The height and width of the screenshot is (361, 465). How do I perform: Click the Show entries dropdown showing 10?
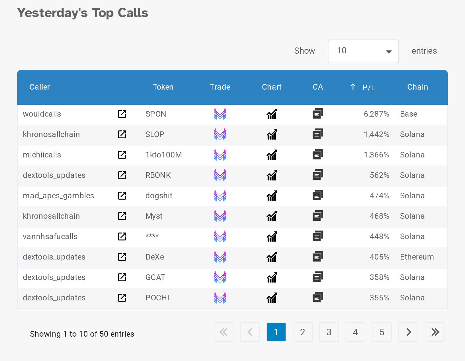(x=363, y=51)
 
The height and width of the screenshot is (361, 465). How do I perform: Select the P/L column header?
(x=368, y=87)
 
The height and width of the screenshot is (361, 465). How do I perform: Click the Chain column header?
(x=417, y=87)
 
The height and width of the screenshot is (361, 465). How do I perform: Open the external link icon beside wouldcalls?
(x=122, y=114)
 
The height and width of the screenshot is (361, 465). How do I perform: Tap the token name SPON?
(x=156, y=114)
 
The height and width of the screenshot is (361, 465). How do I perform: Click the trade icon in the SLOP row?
(x=220, y=134)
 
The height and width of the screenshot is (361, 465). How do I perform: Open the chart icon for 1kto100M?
(x=272, y=155)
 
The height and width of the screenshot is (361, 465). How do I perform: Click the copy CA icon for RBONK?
(x=318, y=175)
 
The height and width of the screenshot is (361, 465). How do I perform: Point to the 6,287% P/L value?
(x=376, y=114)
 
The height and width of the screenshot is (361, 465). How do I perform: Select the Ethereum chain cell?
(x=417, y=257)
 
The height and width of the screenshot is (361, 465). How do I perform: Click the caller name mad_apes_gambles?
(x=58, y=196)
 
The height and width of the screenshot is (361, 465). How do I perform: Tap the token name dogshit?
(x=159, y=196)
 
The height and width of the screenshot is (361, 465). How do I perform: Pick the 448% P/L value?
(x=379, y=236)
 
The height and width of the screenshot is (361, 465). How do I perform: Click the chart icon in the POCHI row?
(x=272, y=298)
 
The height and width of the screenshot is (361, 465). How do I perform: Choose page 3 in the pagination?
(x=329, y=332)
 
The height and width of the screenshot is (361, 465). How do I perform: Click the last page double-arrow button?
(x=435, y=332)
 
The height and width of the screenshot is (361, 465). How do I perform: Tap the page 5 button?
(x=382, y=332)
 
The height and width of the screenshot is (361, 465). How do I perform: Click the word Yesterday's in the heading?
(x=52, y=13)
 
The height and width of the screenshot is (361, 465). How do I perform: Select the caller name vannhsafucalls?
(x=50, y=236)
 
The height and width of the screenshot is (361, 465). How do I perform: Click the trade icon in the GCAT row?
(x=220, y=277)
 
